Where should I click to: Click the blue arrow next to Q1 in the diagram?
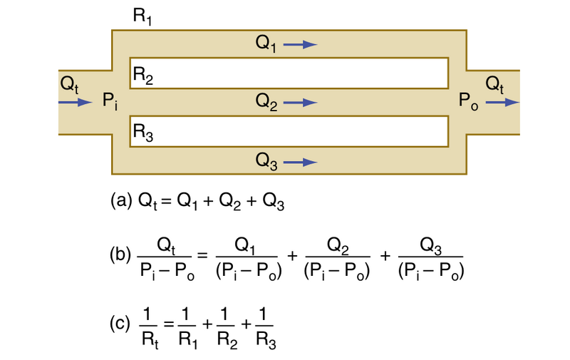click(x=300, y=45)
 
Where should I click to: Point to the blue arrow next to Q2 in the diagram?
click(x=300, y=103)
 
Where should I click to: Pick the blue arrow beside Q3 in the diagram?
click(x=300, y=162)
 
